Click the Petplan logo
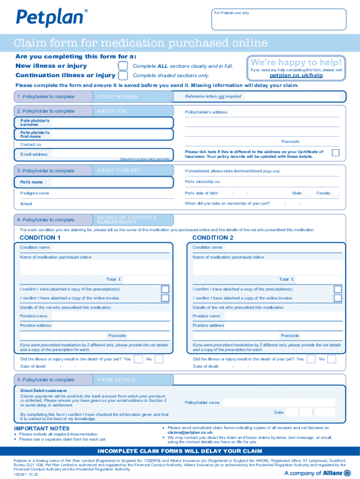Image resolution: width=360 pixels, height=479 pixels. (x=51, y=17)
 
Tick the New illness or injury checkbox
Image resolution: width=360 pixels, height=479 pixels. (x=123, y=66)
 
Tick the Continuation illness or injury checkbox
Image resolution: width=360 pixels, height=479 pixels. (x=123, y=75)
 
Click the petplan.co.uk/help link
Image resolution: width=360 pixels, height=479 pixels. (x=296, y=75)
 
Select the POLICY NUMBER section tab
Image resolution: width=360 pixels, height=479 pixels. (x=133, y=96)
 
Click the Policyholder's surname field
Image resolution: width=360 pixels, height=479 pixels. (x=112, y=123)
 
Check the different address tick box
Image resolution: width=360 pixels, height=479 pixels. (x=335, y=153)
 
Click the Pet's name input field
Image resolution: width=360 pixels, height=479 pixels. (x=112, y=182)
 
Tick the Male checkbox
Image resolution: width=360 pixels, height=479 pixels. (x=307, y=193)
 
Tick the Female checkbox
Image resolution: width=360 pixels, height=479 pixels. (x=335, y=193)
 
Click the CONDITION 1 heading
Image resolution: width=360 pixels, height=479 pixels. (x=40, y=238)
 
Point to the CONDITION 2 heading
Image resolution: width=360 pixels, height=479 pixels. (x=213, y=238)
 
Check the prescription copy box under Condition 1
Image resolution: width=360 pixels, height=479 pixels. (x=165, y=289)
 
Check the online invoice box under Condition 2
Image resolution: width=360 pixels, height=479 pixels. (x=338, y=298)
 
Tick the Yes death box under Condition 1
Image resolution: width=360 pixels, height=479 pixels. (x=138, y=359)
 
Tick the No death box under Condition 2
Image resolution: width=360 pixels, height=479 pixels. (x=331, y=359)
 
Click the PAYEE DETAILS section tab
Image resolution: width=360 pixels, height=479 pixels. (x=133, y=380)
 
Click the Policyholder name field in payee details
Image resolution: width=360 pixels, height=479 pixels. (x=278, y=402)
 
